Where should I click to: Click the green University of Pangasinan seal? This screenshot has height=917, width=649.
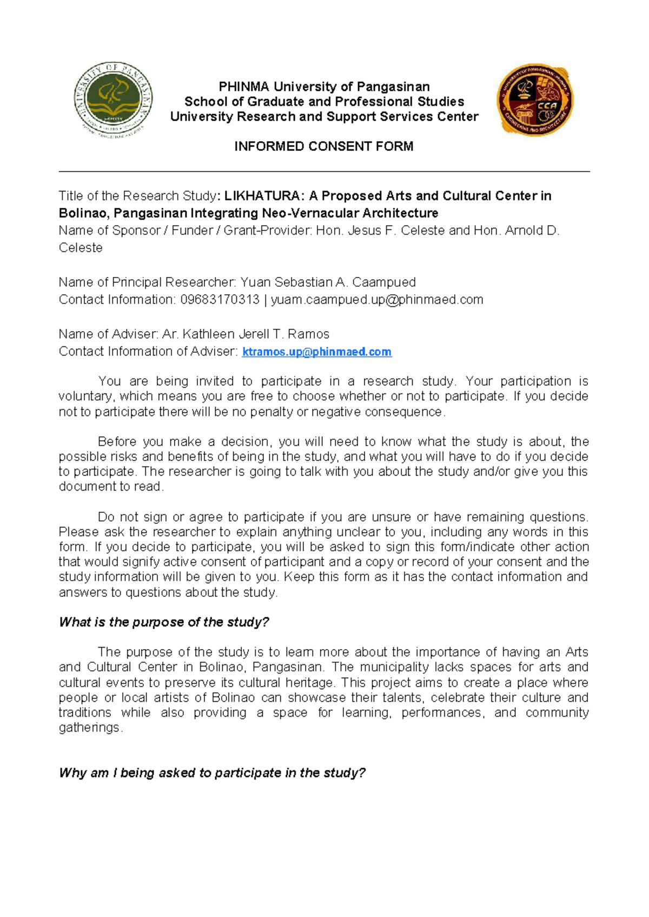tap(113, 100)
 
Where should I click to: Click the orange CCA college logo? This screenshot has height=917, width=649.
tap(535, 100)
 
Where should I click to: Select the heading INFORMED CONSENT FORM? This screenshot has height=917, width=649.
tap(323, 146)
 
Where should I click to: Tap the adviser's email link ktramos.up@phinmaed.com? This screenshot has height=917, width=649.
tap(316, 352)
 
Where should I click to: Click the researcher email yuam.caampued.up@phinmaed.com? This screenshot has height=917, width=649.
tap(377, 300)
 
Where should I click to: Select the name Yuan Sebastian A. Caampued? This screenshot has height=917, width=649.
tap(328, 282)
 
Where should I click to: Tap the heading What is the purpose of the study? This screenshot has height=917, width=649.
tap(164, 622)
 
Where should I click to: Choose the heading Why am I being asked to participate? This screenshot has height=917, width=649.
tap(212, 773)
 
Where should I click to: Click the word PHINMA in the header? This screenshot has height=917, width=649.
tap(243, 87)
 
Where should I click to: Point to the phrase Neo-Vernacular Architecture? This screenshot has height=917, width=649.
tap(350, 213)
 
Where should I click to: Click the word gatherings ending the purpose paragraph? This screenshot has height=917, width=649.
tap(89, 728)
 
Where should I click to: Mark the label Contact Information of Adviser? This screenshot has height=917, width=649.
tap(148, 352)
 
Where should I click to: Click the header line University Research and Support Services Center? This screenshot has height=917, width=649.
tap(323, 117)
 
